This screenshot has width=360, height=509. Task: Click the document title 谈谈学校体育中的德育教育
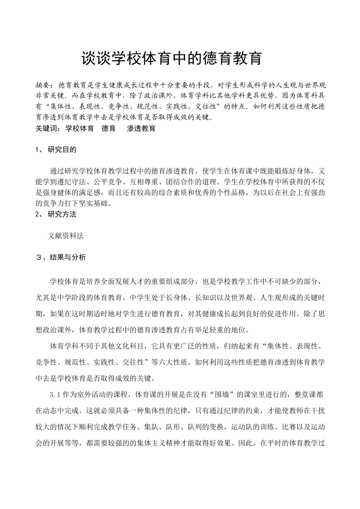tap(171, 59)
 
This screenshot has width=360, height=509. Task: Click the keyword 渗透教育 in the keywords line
tap(141, 128)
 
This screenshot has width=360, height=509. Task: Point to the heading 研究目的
tap(62, 150)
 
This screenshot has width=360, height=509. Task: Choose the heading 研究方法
tap(62, 214)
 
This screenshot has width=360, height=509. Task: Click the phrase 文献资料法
tap(66, 236)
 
